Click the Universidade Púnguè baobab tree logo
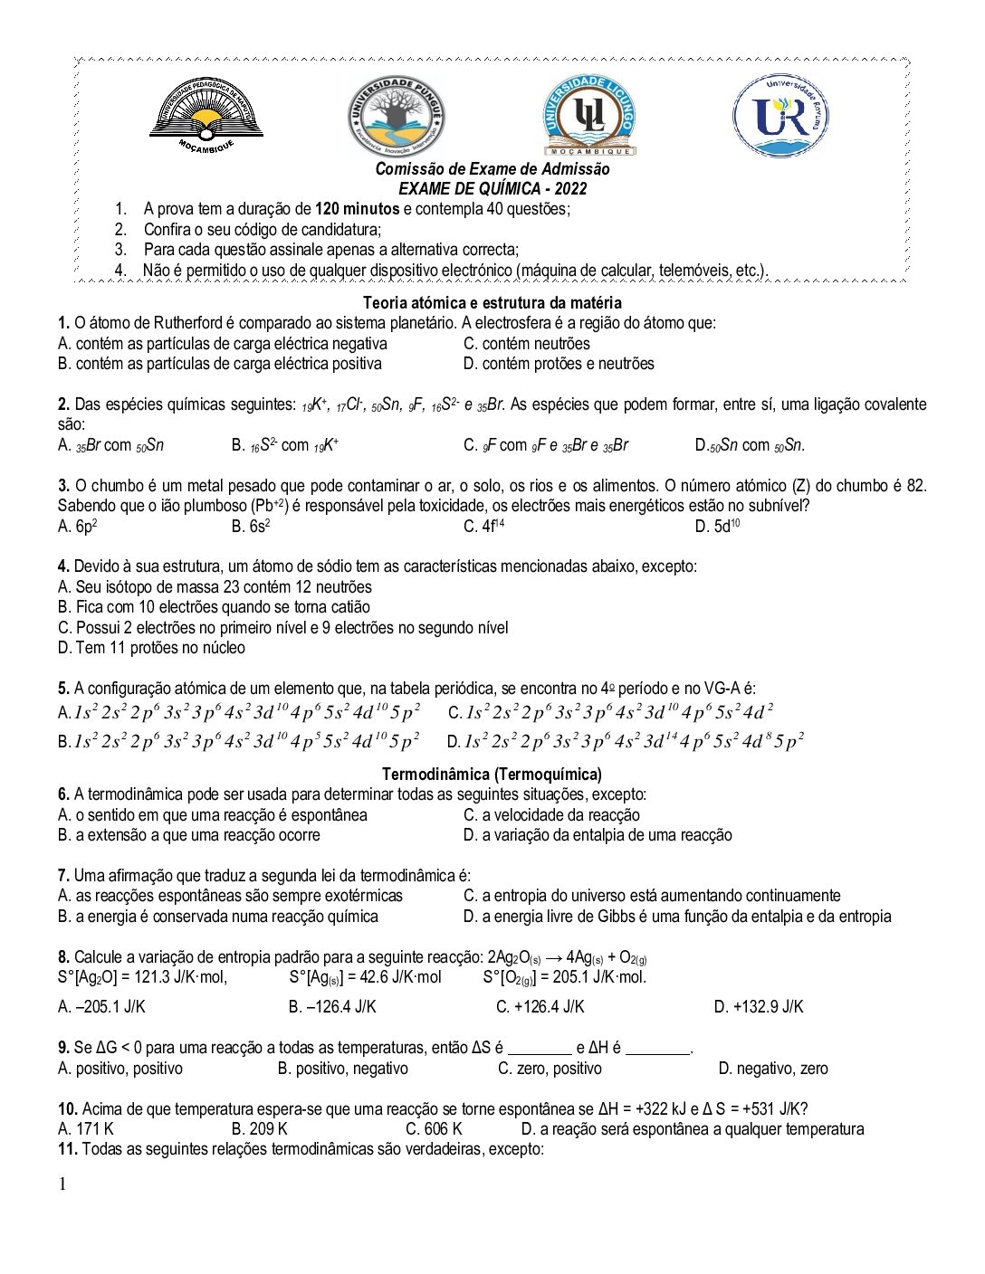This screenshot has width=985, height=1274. tap(397, 118)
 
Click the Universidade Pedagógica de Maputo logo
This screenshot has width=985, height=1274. tap(206, 115)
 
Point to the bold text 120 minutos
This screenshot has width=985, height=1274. tap(357, 209)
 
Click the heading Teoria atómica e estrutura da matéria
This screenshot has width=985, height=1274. tap(492, 302)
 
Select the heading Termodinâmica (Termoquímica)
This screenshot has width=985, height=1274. tap(492, 774)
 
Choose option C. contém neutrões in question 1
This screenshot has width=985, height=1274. tap(526, 344)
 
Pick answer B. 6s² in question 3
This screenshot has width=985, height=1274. tap(251, 527)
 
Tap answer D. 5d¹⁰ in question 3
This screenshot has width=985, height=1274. tap(717, 527)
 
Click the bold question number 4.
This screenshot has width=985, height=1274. tap(63, 566)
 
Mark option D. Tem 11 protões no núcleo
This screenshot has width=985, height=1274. tap(151, 648)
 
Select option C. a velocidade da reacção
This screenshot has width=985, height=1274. tap(551, 815)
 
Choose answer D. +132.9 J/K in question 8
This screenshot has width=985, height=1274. tap(758, 1007)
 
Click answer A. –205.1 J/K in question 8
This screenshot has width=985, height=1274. tap(101, 1007)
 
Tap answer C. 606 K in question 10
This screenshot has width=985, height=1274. tap(434, 1129)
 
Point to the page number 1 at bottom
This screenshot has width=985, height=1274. tap(62, 1184)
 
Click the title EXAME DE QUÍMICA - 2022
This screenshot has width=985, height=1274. tap(492, 189)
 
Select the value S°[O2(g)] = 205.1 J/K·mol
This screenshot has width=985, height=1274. tap(564, 977)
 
